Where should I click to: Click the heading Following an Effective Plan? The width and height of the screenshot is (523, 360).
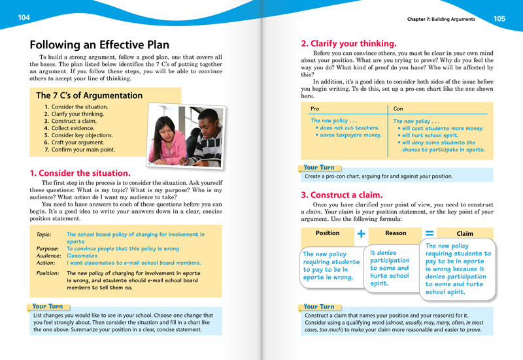coord(99,45)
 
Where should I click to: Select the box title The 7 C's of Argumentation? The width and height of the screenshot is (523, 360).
coord(89,95)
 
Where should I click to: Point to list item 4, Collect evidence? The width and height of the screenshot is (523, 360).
coord(72,128)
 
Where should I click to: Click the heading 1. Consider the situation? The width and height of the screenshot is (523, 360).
coord(80,173)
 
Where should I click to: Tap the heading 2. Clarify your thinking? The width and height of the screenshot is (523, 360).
coord(348,44)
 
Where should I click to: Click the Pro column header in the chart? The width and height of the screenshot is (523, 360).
coord(315,109)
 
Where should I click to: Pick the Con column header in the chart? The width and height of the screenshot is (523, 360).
coord(398,109)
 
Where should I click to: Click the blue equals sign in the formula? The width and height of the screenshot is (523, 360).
coord(430,233)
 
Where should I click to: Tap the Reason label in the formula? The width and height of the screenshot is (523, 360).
coord(396,233)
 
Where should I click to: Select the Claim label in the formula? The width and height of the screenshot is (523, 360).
coord(465,233)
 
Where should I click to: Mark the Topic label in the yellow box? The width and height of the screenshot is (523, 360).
coord(43,234)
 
